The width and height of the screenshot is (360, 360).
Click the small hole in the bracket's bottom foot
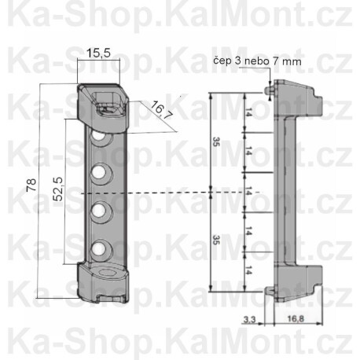click(x=107, y=275)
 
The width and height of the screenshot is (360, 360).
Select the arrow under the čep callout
click(x=270, y=78)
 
